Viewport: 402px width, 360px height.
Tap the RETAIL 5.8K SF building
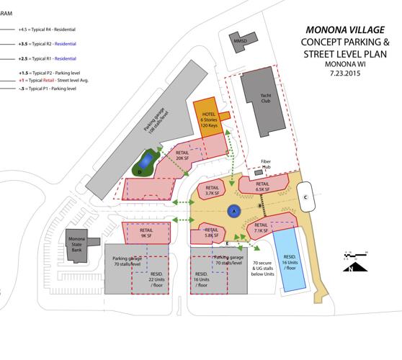pos(211,232)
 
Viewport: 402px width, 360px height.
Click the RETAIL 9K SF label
pos(146,233)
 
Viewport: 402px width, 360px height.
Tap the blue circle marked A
pos(233,211)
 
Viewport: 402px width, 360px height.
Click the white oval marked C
pos(305,196)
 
